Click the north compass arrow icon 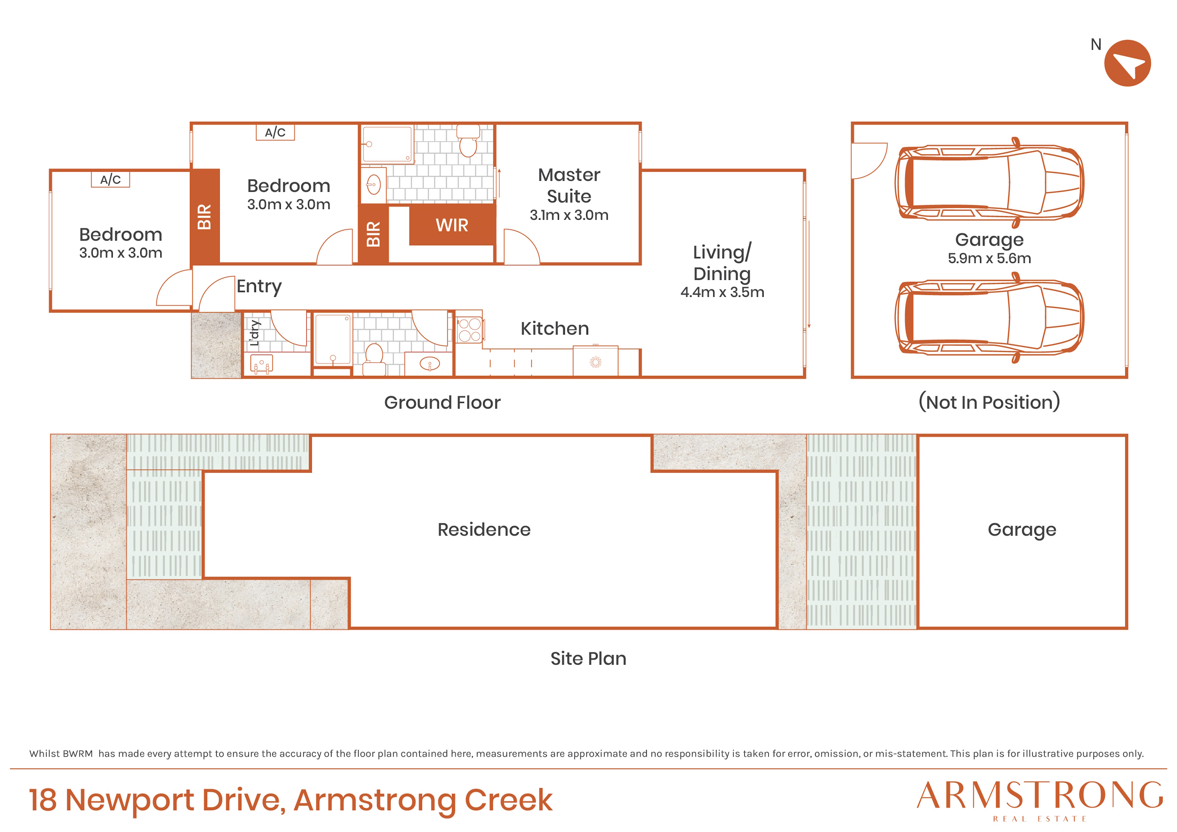pyautogui.click(x=1127, y=63)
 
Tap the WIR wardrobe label pyautogui.click(x=452, y=225)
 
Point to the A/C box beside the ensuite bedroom pyautogui.click(x=275, y=132)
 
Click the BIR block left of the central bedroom pyautogui.click(x=205, y=217)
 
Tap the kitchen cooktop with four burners pyautogui.click(x=470, y=330)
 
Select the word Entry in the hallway pyautogui.click(x=259, y=286)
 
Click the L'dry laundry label pyautogui.click(x=255, y=333)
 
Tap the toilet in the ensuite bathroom pyautogui.click(x=468, y=141)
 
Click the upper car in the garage pyautogui.click(x=989, y=183)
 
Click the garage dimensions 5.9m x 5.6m pyautogui.click(x=989, y=258)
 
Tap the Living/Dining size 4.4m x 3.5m pyautogui.click(x=722, y=292)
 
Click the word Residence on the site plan pyautogui.click(x=484, y=529)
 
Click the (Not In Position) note pyautogui.click(x=989, y=402)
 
